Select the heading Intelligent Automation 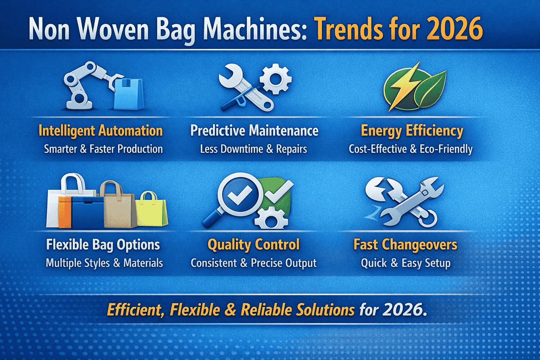coord(101,131)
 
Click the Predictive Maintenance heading coord(254,131)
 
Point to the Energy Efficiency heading coord(412,131)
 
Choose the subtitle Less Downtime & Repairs coord(253,149)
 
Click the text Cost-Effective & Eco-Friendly coord(410,149)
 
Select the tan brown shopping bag coord(118,207)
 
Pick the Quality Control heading coord(253,245)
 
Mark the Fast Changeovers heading coord(405,245)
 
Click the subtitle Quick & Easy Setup coord(405,263)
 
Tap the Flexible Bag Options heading coord(103,245)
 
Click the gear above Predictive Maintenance coord(276,79)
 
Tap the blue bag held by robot coord(129,94)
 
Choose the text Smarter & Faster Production coord(103,149)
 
